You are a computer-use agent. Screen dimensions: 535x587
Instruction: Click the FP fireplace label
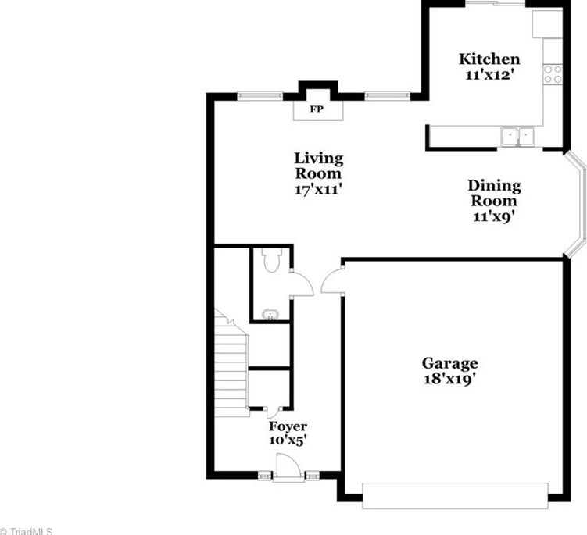click(317, 110)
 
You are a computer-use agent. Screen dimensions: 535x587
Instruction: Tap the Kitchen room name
click(489, 59)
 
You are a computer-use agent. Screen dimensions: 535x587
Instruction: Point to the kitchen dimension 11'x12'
click(489, 75)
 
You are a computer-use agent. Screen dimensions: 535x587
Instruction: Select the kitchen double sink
click(517, 137)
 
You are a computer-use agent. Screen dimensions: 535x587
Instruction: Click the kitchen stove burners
click(553, 74)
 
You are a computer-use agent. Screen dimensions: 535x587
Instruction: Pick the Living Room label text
click(318, 166)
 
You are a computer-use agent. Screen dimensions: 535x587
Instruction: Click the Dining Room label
click(494, 193)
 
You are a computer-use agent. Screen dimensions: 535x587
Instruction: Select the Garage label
click(449, 363)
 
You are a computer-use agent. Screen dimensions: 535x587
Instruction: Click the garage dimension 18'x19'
click(449, 379)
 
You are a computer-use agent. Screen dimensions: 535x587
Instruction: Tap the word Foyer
click(288, 426)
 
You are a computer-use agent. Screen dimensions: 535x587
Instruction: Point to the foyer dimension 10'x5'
click(288, 440)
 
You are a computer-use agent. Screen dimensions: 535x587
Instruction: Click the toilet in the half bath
click(271, 262)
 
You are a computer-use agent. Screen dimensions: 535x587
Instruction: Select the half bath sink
click(270, 314)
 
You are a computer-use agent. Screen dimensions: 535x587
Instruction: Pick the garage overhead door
click(455, 495)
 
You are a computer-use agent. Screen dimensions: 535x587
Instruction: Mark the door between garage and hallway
click(333, 281)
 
